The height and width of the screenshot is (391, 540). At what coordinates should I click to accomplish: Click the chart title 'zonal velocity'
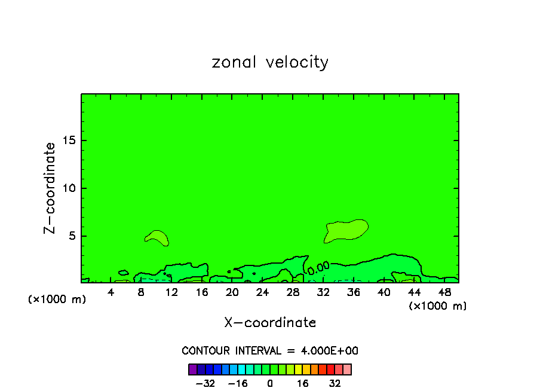pos(270,62)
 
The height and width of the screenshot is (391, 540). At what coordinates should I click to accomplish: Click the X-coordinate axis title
pos(270,323)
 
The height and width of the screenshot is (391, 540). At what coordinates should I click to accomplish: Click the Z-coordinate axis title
pos(50,188)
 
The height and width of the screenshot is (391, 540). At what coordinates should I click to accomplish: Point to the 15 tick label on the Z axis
pos(69,140)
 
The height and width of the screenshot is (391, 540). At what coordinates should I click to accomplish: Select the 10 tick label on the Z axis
pos(69,188)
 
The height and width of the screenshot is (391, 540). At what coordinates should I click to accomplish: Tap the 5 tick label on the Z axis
pos(72,236)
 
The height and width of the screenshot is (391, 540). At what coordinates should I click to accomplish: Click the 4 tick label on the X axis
pos(111,292)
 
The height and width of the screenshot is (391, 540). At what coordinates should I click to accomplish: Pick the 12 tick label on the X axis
pos(171,292)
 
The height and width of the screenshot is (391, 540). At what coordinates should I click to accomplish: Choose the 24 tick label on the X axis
pos(262,292)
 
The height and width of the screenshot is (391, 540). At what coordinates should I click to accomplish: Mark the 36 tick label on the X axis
pos(353,292)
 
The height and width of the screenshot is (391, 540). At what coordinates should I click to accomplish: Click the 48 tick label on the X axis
pos(444,292)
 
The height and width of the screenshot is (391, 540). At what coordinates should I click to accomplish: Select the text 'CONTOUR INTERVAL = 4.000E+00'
pos(270,351)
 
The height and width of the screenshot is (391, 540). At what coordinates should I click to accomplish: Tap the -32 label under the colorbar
pos(205,383)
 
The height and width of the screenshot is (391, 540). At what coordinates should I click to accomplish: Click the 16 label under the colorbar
pos(303,383)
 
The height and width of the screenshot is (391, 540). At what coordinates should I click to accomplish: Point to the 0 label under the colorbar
pos(270,383)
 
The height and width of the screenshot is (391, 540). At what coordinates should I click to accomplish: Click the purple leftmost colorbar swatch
pos(192,369)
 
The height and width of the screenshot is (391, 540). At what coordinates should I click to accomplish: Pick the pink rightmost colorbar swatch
pos(347,369)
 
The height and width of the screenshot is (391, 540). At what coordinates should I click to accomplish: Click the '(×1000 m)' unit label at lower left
pos(57,300)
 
